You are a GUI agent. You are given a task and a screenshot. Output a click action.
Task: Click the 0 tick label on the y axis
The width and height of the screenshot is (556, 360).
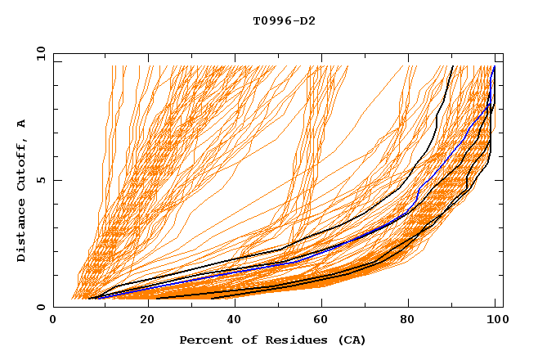click(41, 308)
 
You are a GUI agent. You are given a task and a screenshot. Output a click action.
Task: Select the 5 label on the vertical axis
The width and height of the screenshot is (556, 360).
click(41, 180)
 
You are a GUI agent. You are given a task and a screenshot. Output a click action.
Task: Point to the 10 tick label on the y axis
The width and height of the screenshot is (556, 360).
click(38, 53)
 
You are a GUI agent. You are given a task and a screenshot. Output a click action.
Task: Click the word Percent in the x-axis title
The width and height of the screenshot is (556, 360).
click(205, 340)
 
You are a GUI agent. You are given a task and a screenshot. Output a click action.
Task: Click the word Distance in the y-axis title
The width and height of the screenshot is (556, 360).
click(22, 230)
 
